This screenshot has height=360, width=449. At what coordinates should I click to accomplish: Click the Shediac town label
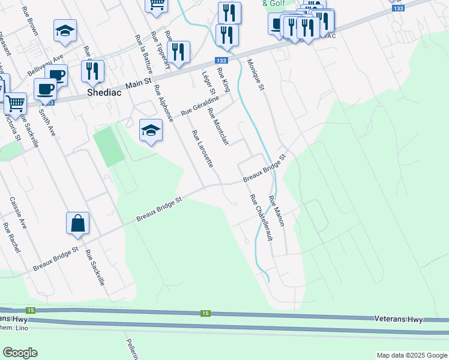click(x=104, y=93)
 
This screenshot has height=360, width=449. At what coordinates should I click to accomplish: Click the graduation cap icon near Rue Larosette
click(x=151, y=130)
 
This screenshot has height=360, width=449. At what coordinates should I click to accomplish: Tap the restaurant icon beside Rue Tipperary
click(x=178, y=52)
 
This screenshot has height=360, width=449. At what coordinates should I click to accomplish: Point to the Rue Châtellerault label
click(x=261, y=217)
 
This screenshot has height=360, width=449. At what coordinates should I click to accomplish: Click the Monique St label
click(x=256, y=75)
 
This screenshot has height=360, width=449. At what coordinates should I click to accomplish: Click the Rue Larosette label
click(x=202, y=148)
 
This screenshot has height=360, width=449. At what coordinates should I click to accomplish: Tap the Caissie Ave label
click(x=19, y=213)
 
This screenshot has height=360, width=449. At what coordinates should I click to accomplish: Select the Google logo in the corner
click(x=20, y=353)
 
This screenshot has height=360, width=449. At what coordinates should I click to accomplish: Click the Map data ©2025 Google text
click(x=411, y=355)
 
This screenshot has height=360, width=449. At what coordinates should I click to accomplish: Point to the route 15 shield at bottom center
click(x=205, y=313)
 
